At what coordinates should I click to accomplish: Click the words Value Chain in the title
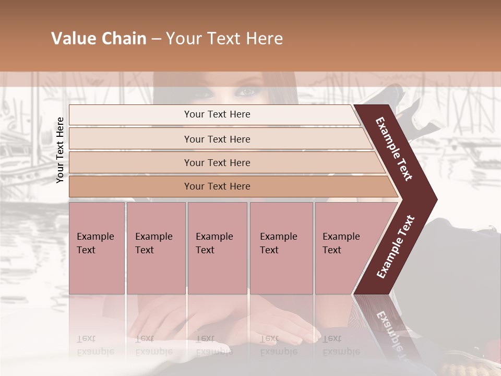(x=99, y=39)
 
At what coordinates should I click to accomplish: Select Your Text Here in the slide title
(x=224, y=39)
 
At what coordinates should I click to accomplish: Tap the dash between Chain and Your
(x=156, y=39)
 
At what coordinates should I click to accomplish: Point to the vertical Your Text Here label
(x=60, y=150)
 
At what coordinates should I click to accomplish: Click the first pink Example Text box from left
(x=97, y=248)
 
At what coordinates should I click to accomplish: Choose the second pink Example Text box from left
(x=156, y=248)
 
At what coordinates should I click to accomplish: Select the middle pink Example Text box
(x=217, y=248)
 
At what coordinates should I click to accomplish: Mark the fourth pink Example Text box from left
(x=281, y=248)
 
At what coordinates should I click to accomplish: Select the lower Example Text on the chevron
(x=396, y=246)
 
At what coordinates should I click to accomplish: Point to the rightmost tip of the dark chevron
(x=436, y=199)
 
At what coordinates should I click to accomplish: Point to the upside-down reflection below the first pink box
(x=95, y=345)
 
